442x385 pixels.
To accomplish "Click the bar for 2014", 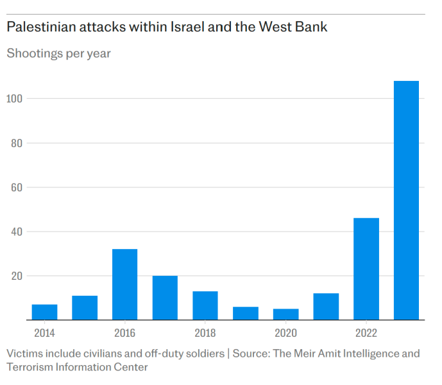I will [x=44, y=312].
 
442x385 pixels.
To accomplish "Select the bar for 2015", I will [x=85, y=308].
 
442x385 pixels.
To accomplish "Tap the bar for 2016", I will [x=124, y=284].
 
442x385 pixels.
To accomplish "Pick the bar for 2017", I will [x=165, y=298].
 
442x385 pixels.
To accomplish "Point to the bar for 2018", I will [x=205, y=305].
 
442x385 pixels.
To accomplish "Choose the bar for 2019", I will [x=246, y=313].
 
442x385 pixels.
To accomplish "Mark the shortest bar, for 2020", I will [x=285, y=314].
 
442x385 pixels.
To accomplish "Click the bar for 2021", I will [x=326, y=307].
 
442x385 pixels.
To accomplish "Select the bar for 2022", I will [x=366, y=269].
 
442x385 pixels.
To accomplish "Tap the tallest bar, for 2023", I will [x=406, y=200].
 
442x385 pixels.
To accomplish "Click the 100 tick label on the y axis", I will [x=16, y=99].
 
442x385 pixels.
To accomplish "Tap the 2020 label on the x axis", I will [x=285, y=333].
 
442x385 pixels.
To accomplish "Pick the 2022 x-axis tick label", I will [x=366, y=333].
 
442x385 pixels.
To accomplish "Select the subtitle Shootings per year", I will [x=58, y=53].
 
